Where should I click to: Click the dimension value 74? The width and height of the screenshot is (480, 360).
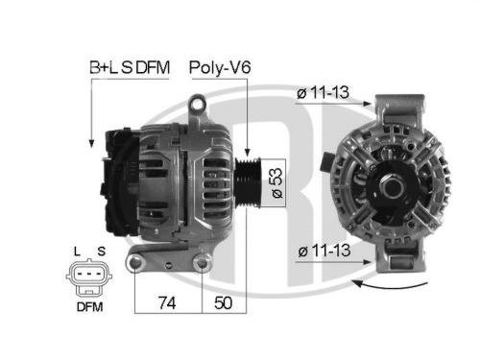[166, 303]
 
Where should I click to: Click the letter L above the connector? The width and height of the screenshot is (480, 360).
[75, 252]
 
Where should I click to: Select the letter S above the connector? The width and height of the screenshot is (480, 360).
[101, 252]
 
